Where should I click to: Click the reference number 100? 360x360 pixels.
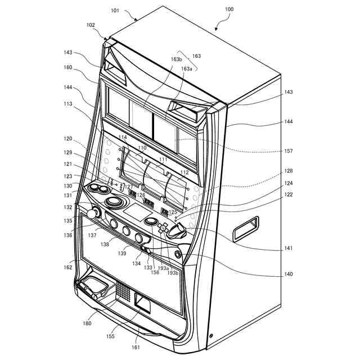coord(229,10)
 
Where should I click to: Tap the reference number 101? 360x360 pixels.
coord(115,10)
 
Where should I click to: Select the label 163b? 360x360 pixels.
coord(176,59)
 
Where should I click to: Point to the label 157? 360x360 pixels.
coord(288,151)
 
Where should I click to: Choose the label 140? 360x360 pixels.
coord(288,274)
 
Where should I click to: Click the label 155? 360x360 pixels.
coord(111,336)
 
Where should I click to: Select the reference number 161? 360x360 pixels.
coord(136,347)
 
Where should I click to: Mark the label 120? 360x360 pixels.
coord(68,138)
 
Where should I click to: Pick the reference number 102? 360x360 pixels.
coord(91,25)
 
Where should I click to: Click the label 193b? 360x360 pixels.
coord(173,273)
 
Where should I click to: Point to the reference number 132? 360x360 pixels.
coord(68,208)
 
